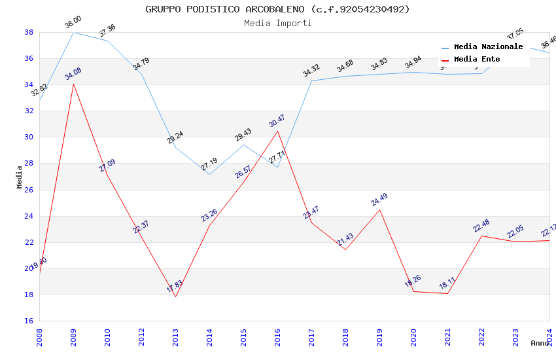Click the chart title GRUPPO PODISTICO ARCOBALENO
click(277, 9)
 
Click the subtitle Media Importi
click(277, 23)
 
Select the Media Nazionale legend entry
click(488, 47)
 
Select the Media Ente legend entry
click(477, 60)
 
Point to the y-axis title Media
click(20, 177)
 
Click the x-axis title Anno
click(540, 343)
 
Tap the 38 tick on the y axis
click(29, 32)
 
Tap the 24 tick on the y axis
click(29, 216)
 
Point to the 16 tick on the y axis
click(29, 321)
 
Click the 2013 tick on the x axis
click(175, 336)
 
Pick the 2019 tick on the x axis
click(379, 336)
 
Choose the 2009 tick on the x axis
click(73, 336)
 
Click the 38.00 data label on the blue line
click(73, 23)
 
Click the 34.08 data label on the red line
click(73, 74)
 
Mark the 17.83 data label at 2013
click(175, 287)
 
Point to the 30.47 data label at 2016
click(277, 121)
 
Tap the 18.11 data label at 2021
click(447, 283)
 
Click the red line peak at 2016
click(277, 131)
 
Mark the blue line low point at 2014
click(209, 174)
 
